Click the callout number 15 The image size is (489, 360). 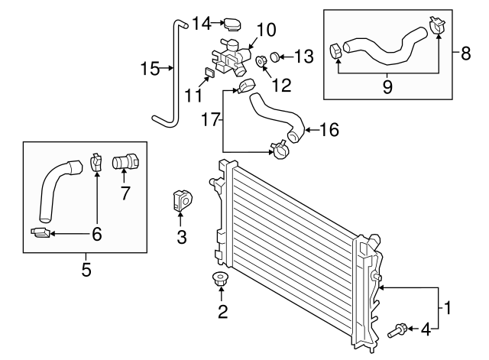pos(149,70)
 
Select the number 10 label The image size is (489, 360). pos(266,31)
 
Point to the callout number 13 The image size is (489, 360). pos(304,56)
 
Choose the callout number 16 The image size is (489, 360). pos(328,130)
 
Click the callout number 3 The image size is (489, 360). pos(182,238)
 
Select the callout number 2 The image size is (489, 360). pos(222,311)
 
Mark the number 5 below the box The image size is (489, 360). pos(86,269)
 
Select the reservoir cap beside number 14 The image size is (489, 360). pos(231,24)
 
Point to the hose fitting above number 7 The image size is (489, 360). pos(124,163)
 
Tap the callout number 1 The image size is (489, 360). pos(449,310)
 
